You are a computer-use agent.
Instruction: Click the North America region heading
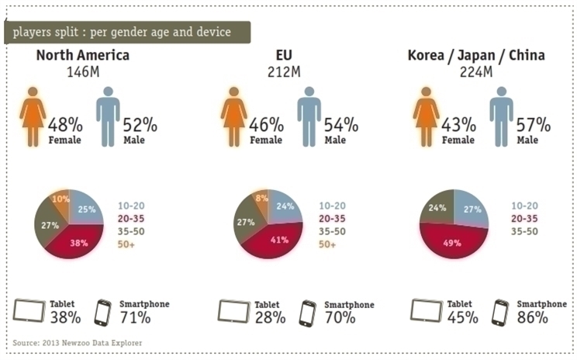pos(83,55)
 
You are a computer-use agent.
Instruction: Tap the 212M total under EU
pos(284,71)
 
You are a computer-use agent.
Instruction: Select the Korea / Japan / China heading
pos(476,55)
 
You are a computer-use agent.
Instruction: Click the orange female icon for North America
pos(33,116)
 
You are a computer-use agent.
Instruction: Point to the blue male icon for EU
pos(309,116)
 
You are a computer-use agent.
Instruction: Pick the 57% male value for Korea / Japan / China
pos(534,125)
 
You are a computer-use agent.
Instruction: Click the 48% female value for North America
pos(65,125)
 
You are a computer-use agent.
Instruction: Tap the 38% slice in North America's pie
pos(78,241)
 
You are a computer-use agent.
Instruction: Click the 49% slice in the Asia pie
pos(453,242)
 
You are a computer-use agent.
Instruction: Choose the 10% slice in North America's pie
pos(60,202)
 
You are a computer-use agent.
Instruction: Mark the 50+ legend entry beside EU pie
pos(327,244)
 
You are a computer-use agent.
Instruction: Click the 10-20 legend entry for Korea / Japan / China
pos(524,206)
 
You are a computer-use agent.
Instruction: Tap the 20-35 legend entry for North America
pos(131,219)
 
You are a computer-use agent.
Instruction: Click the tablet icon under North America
pos(29,311)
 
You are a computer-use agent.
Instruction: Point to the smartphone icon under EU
pos(308,313)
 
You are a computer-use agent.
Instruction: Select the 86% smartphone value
pos(533,317)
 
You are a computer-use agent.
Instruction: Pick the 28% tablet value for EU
pos(270,317)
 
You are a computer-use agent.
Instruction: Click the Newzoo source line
pos(78,343)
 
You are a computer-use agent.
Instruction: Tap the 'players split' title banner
pos(127,33)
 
